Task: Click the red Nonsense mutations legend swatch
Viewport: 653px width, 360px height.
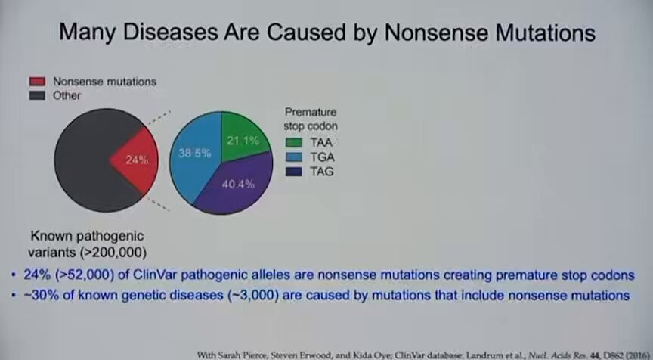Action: point(37,81)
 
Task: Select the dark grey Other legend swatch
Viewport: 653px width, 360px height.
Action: point(37,95)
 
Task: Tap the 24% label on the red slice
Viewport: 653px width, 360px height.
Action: point(137,160)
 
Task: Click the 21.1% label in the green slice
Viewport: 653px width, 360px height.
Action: point(243,141)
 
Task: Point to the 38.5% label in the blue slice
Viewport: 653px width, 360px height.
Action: point(194,154)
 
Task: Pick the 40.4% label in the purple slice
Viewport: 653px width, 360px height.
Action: point(238,185)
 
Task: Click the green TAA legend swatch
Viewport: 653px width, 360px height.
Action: point(293,142)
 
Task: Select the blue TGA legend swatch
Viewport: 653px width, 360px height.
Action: point(293,157)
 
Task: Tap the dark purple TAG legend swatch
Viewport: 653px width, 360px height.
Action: point(293,172)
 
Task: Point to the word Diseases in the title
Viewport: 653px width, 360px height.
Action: point(170,32)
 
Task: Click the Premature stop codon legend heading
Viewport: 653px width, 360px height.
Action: point(311,119)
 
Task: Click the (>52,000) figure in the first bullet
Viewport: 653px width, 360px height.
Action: point(87,275)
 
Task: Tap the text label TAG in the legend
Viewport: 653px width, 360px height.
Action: point(322,172)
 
